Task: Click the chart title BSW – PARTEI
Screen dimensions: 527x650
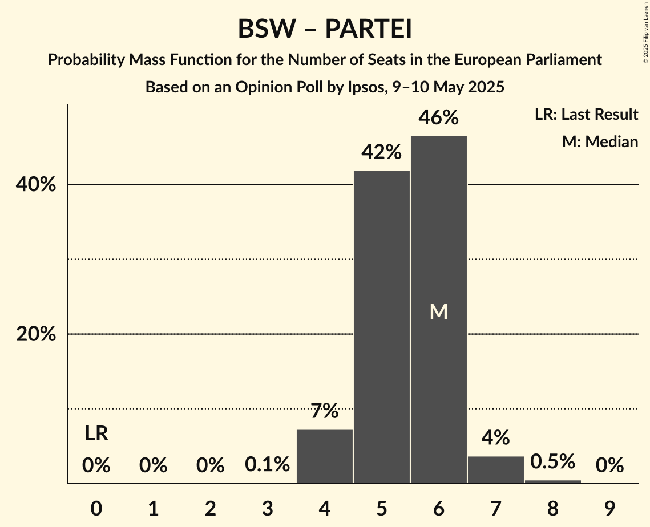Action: (325, 29)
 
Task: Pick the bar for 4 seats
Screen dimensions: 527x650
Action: (325, 456)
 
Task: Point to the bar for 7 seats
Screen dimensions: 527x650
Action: (495, 469)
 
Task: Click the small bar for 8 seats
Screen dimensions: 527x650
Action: (552, 481)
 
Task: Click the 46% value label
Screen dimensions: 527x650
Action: (438, 117)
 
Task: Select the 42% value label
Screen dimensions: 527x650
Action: (381, 152)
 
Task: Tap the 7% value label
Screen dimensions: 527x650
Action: (325, 411)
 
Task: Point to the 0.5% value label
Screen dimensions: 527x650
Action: (552, 461)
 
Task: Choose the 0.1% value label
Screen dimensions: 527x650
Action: (267, 465)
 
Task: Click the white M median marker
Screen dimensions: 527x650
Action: (438, 311)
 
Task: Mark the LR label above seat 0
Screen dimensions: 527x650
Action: (96, 434)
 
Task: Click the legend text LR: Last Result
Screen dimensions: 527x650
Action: (586, 115)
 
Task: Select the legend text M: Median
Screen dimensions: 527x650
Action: (600, 141)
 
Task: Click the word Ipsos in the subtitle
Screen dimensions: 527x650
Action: (365, 87)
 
